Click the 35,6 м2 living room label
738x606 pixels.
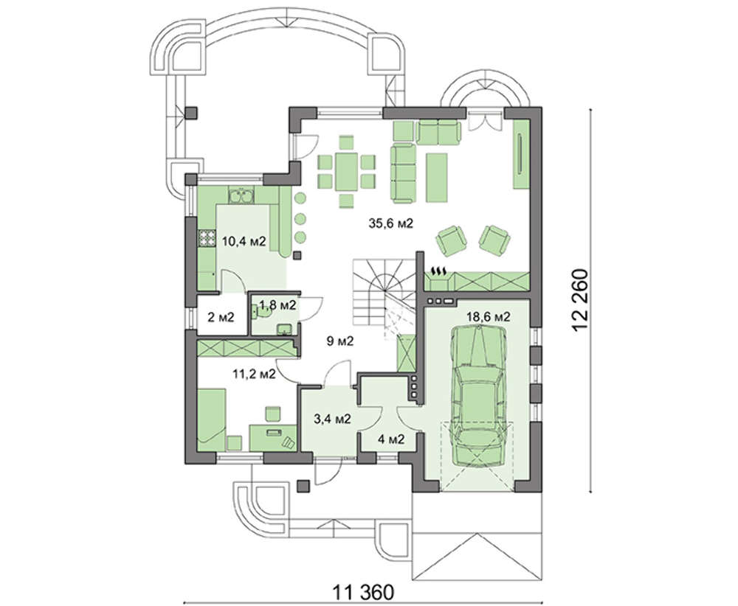click(390, 223)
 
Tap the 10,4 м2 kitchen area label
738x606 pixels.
click(244, 242)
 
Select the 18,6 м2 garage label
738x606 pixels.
click(488, 316)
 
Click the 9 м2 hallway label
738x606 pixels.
click(339, 341)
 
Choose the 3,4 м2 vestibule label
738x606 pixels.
click(332, 418)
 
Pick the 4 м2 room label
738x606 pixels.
click(392, 439)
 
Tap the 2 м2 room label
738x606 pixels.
click(221, 317)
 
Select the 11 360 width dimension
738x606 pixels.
click(363, 593)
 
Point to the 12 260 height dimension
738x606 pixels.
click(580, 301)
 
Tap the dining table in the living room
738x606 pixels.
click(347, 171)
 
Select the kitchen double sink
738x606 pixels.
click(241, 195)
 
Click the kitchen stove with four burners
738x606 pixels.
click(206, 238)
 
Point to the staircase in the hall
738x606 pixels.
click(382, 294)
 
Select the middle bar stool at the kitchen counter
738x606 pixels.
click(300, 218)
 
